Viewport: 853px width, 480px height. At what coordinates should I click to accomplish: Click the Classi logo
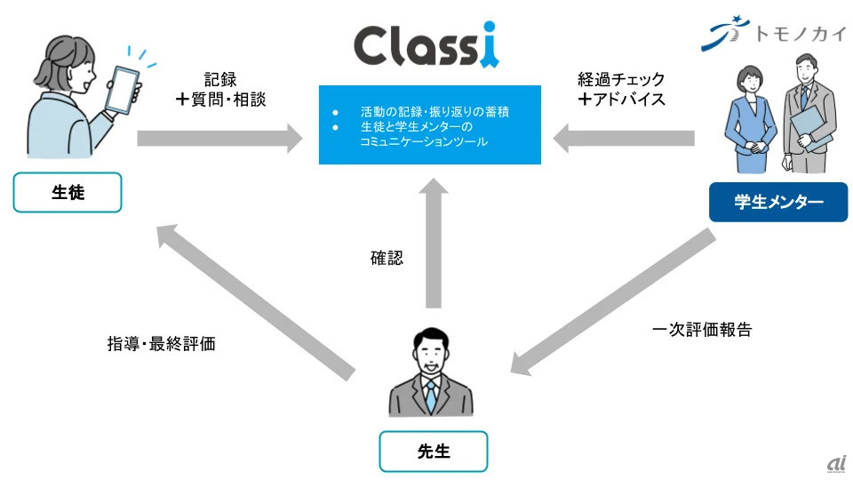(x=426, y=45)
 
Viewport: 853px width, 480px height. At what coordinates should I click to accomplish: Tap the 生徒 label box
(x=68, y=192)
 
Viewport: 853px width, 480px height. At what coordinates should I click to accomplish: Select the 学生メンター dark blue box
(x=778, y=202)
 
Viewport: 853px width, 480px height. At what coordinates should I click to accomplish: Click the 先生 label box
(x=433, y=452)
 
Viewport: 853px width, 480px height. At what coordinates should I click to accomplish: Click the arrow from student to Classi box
(x=219, y=139)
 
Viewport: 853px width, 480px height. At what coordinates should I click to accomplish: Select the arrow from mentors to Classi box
(x=624, y=139)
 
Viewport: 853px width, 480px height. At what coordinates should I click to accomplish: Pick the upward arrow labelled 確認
(x=434, y=244)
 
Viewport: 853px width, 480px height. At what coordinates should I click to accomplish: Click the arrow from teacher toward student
(x=256, y=302)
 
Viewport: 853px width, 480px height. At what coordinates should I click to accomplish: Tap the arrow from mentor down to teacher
(x=613, y=302)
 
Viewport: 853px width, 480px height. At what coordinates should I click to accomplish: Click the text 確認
(x=387, y=258)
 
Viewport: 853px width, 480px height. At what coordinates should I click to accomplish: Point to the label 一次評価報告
(x=702, y=330)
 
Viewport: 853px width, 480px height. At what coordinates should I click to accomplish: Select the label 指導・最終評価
(x=162, y=344)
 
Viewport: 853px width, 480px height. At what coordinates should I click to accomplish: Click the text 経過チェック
(x=621, y=79)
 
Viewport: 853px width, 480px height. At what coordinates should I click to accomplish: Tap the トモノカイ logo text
(x=801, y=35)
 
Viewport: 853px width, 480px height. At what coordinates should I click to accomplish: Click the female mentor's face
(x=751, y=82)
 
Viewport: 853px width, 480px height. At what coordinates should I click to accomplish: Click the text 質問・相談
(x=228, y=99)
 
